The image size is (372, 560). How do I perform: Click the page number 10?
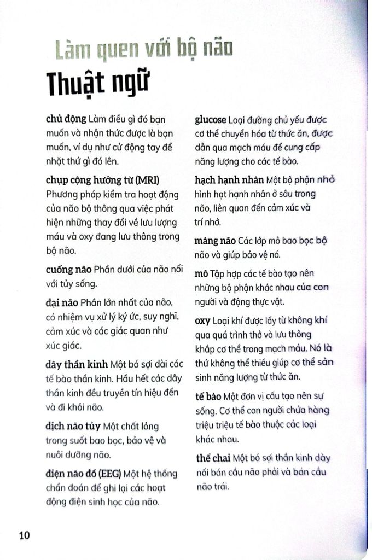pos(24,535)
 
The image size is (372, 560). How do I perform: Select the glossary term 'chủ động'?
pos(66,119)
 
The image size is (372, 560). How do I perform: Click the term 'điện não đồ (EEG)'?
pos(84,474)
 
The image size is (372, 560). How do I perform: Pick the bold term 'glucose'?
pos(211,119)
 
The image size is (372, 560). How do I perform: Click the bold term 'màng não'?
pos(215,241)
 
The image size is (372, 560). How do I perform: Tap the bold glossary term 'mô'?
pos(201,273)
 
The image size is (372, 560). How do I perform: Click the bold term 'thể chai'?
pos(213,458)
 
